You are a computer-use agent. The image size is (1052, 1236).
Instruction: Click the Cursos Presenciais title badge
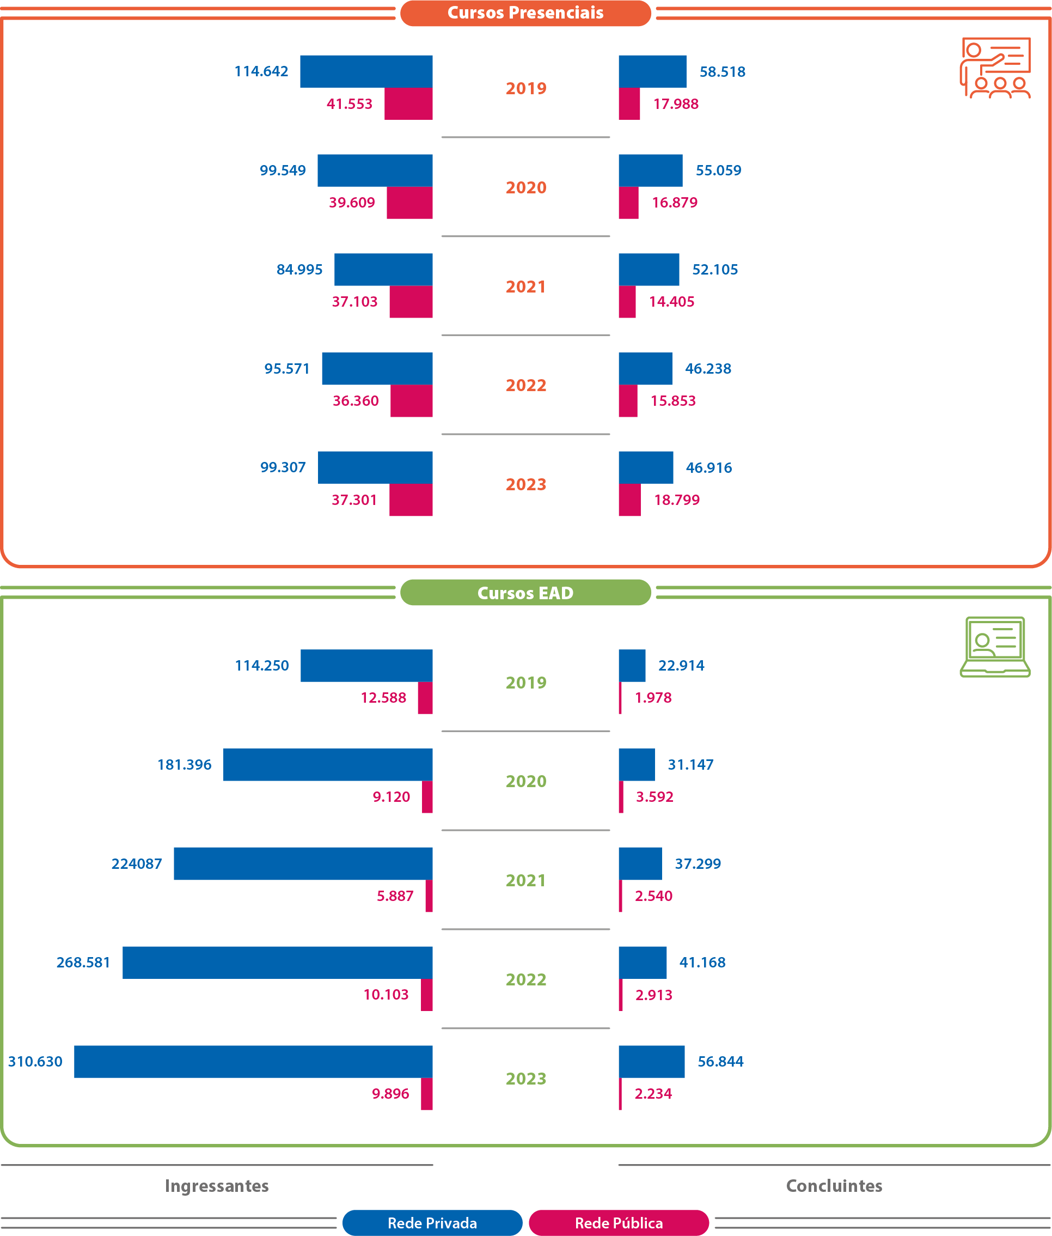(x=525, y=13)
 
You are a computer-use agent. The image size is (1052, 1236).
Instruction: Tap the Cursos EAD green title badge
(x=525, y=593)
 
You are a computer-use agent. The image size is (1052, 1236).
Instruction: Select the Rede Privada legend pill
(x=432, y=1223)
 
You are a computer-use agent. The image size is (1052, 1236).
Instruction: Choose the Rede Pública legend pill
(x=619, y=1223)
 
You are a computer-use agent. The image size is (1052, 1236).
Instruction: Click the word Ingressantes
(x=217, y=1185)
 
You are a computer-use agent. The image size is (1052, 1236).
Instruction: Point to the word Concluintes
(x=834, y=1185)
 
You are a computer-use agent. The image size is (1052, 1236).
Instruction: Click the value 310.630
(x=35, y=1061)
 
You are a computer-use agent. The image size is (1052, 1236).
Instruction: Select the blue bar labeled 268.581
(x=277, y=962)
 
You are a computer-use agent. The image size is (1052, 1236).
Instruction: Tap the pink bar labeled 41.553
(x=408, y=104)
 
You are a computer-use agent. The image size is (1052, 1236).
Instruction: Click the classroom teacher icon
(x=995, y=68)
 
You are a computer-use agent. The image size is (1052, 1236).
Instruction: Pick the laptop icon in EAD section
(x=995, y=647)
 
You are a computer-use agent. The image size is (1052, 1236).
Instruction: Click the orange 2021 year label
(x=525, y=287)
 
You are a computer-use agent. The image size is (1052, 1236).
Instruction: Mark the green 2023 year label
(x=525, y=1079)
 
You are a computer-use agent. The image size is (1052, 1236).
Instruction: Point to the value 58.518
(x=722, y=71)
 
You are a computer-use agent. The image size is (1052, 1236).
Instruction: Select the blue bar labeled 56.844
(x=651, y=1061)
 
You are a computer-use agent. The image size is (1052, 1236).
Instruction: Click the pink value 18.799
(x=676, y=500)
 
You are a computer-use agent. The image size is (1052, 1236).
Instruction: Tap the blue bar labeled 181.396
(x=327, y=764)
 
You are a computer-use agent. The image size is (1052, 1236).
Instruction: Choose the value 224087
(x=137, y=863)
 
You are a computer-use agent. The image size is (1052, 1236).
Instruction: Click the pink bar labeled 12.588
(x=425, y=698)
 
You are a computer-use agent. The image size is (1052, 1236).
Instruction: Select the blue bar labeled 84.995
(x=383, y=270)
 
